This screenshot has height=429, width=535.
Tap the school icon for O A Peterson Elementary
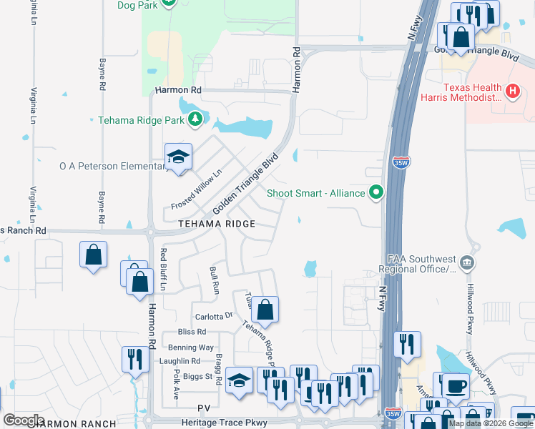(178, 157)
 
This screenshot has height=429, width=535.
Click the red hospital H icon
(512, 92)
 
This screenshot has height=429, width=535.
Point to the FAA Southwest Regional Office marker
(467, 264)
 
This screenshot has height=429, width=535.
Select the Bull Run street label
(214, 278)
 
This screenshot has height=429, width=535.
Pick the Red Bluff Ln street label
(164, 269)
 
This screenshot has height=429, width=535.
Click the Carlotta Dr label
(214, 315)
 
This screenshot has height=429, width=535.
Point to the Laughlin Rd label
(180, 361)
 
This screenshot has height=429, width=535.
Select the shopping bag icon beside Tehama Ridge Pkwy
(265, 309)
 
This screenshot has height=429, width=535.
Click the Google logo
(24, 420)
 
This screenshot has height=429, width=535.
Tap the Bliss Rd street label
(192, 332)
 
